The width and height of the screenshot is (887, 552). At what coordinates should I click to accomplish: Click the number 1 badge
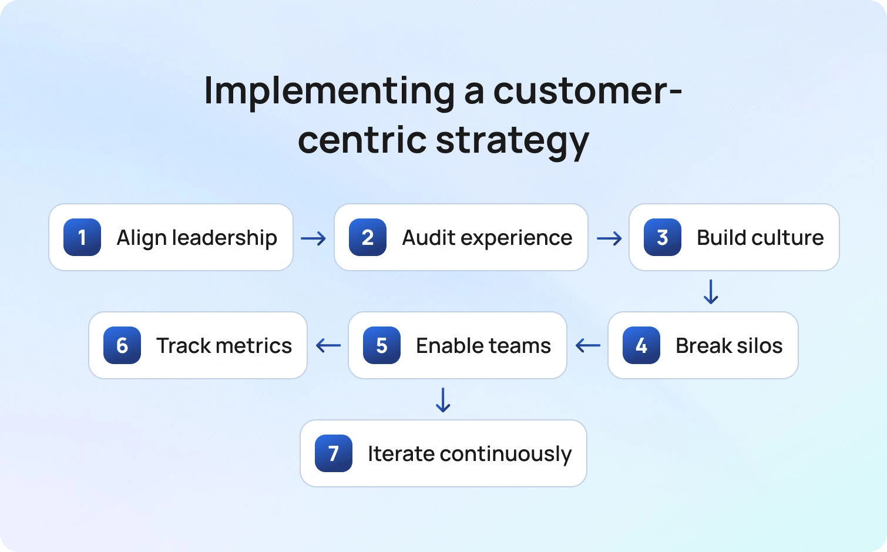tap(82, 237)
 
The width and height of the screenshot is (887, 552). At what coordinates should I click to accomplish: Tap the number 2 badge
tap(368, 237)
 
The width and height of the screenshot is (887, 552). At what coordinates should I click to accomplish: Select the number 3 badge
tap(663, 237)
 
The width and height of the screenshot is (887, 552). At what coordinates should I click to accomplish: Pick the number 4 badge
tap(641, 345)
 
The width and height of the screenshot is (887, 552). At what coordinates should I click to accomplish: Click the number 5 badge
tap(381, 345)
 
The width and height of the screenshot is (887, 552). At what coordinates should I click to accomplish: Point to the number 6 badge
tap(122, 345)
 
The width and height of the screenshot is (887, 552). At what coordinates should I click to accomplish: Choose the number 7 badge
tap(334, 453)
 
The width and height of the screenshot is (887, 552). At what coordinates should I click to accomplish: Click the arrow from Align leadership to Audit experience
tap(313, 238)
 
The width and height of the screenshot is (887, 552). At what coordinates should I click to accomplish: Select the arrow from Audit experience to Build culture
tap(609, 238)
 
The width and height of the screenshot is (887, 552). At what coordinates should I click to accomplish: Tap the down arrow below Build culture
tap(711, 292)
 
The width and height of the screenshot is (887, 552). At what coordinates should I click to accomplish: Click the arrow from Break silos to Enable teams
tap(587, 345)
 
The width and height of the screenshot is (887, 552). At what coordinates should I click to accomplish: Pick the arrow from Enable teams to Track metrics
tap(328, 345)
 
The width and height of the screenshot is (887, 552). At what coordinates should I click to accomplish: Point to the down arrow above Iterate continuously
tap(443, 400)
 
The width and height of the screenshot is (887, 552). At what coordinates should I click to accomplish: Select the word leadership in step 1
tap(224, 238)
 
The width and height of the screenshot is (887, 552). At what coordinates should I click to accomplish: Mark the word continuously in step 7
tap(506, 454)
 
